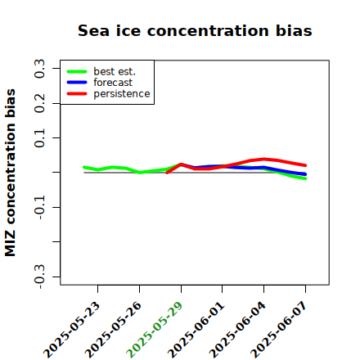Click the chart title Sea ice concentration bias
(x=195, y=30)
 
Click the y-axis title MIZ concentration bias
(x=10, y=173)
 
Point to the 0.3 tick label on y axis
(x=39, y=69)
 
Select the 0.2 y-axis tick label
(x=39, y=103)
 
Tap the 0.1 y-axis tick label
(x=39, y=138)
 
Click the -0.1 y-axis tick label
(x=39, y=208)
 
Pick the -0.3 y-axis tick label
(x=39, y=277)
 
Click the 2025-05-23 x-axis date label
(x=71, y=330)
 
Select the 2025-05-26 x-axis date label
(x=113, y=330)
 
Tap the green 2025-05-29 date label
(x=155, y=330)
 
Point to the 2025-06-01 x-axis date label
(x=196, y=330)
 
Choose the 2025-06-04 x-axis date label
(x=237, y=330)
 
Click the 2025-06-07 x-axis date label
(x=279, y=330)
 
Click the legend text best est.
(x=115, y=71)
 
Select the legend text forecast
(x=113, y=83)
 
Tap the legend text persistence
(x=122, y=94)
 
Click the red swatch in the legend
(x=77, y=94)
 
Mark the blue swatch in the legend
(x=77, y=83)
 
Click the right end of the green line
(x=305, y=178)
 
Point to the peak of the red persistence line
(x=263, y=159)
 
